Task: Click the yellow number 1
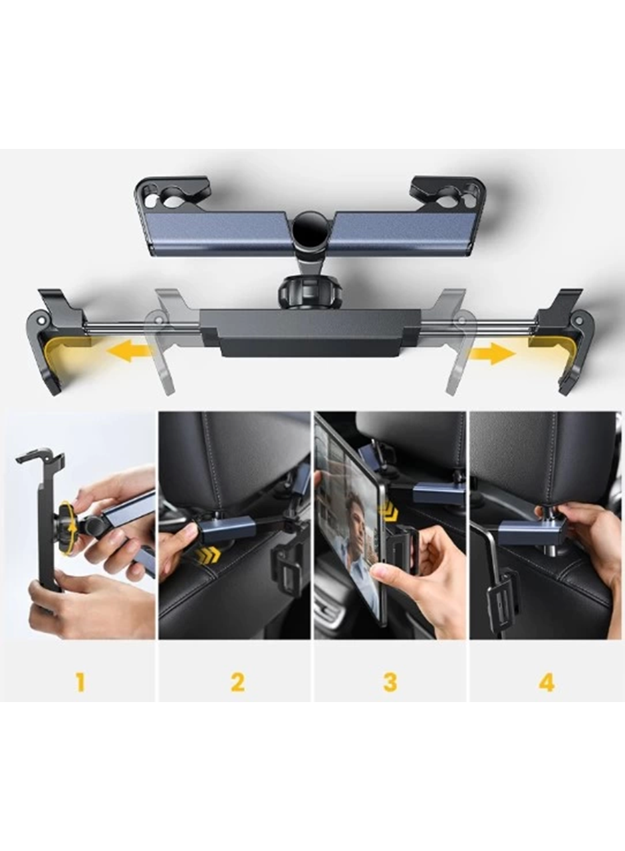click(80, 682)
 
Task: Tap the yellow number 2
click(237, 682)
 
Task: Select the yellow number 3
click(390, 682)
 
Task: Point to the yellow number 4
click(547, 682)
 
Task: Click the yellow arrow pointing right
click(493, 353)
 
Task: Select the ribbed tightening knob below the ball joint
click(311, 289)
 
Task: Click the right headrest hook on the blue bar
click(447, 193)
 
